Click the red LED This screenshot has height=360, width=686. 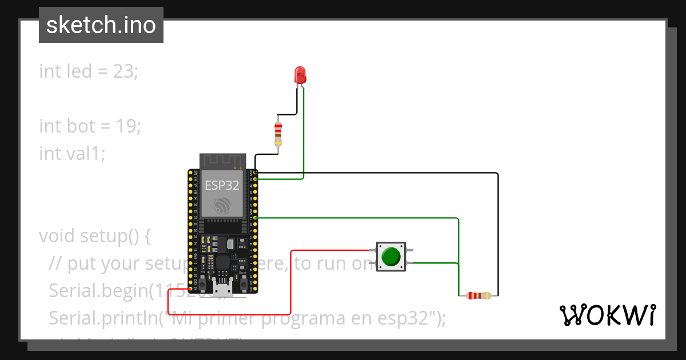tap(300, 75)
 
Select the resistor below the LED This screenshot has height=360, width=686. tap(278, 133)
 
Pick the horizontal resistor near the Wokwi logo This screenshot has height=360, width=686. tap(478, 295)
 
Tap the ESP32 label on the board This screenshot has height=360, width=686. tap(222, 184)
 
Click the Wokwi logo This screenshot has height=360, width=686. tap(607, 315)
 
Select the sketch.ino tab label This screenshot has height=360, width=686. tap(101, 25)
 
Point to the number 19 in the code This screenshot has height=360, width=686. tap(127, 126)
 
